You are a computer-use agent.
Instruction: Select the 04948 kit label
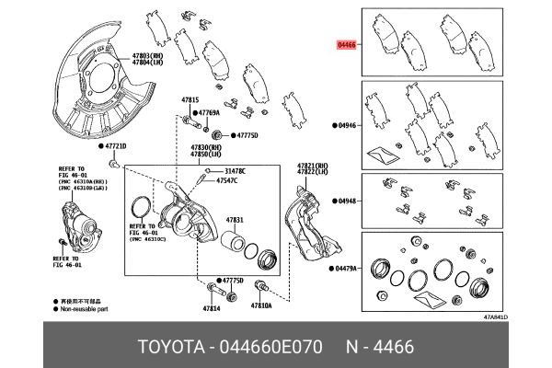[348, 200]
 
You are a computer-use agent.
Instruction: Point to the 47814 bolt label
[212, 307]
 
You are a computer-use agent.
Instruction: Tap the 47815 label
[190, 98]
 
